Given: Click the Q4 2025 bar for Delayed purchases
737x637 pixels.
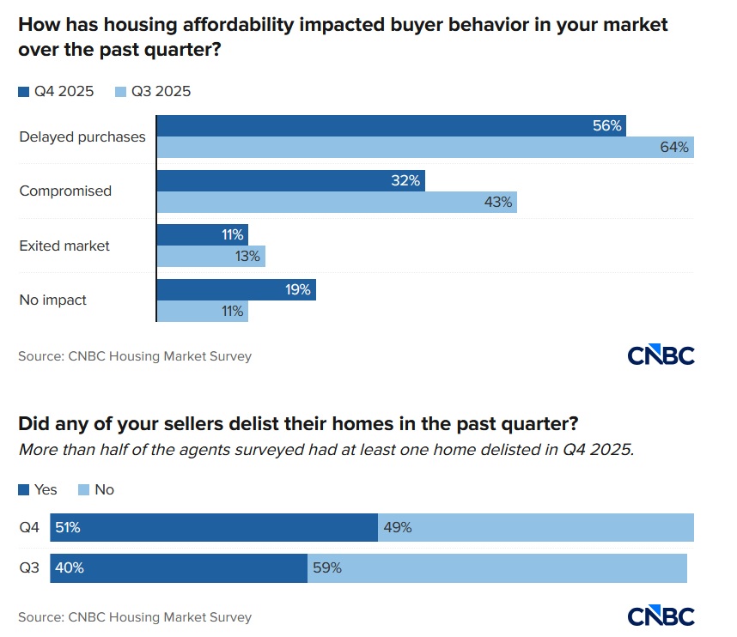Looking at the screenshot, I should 391,125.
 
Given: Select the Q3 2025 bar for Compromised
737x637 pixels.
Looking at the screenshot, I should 337,203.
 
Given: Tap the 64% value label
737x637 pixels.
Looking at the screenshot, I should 674,148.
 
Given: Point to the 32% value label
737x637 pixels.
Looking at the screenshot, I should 405,181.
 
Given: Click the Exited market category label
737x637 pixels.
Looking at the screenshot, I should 64,246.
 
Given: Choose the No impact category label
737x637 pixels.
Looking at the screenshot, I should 53,300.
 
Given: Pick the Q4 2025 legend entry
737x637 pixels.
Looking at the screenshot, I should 56,91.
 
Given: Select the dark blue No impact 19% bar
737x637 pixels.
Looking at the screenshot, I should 236,290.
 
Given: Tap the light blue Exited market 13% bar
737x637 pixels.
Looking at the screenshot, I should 210,257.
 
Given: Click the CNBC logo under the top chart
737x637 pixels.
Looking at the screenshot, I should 661,355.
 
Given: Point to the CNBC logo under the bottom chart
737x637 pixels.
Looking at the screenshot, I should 661,616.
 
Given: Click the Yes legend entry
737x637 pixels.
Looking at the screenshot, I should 38,489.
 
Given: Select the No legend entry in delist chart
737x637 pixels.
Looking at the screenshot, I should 96,489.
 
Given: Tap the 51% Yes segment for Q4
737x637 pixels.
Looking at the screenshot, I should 215,528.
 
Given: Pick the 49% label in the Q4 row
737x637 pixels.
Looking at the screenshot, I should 398,528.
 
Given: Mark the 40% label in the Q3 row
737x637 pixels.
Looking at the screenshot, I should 70,567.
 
